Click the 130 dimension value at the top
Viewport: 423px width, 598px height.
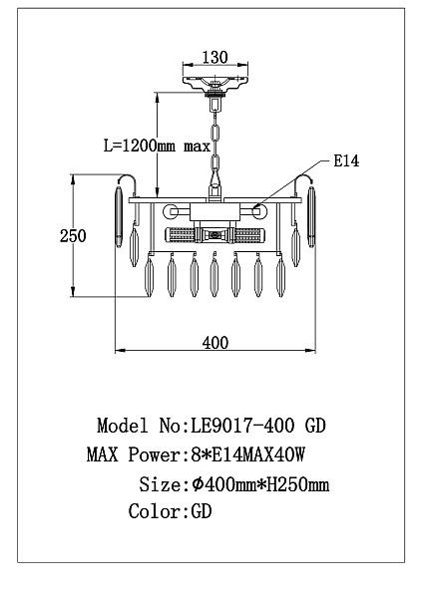click(x=214, y=57)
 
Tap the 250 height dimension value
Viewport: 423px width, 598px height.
click(x=73, y=235)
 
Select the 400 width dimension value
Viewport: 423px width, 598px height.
click(x=215, y=343)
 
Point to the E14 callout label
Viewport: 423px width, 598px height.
click(x=346, y=160)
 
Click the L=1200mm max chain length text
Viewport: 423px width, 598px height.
click(x=158, y=146)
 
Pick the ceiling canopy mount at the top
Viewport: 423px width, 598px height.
click(x=214, y=83)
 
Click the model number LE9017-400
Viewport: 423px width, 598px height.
click(x=242, y=426)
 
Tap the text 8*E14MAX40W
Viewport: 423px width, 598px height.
click(x=248, y=454)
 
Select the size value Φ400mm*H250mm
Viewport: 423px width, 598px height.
click(x=260, y=484)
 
